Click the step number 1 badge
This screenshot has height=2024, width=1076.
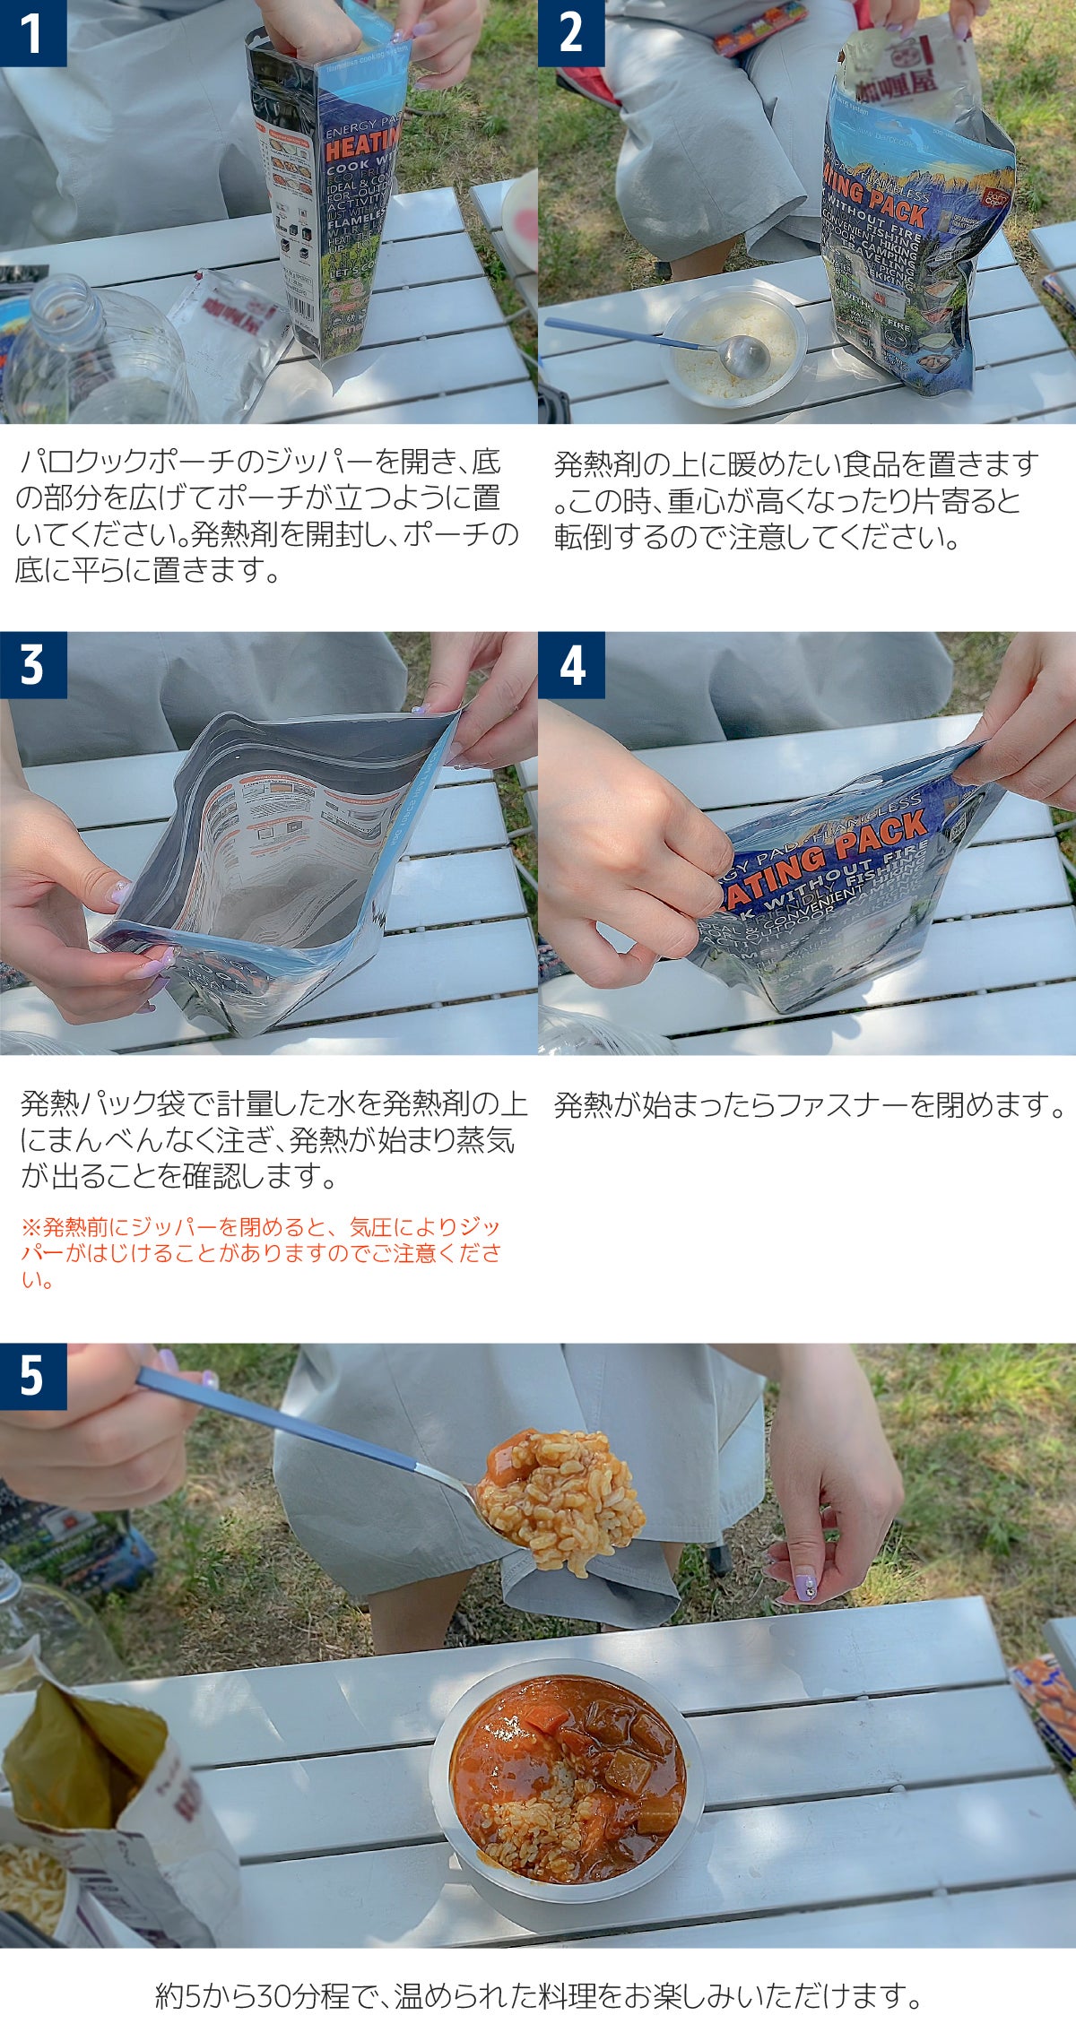tap(33, 32)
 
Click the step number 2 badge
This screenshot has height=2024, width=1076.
tap(571, 32)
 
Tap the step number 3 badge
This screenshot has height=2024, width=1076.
tap(33, 665)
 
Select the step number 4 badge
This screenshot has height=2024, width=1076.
tap(571, 665)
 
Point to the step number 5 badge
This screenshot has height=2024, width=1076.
tap(33, 1376)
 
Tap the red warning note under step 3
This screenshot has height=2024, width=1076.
tap(260, 1253)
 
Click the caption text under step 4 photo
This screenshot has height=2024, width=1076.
tap(807, 1105)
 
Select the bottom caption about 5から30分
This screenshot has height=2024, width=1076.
tap(538, 1995)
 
